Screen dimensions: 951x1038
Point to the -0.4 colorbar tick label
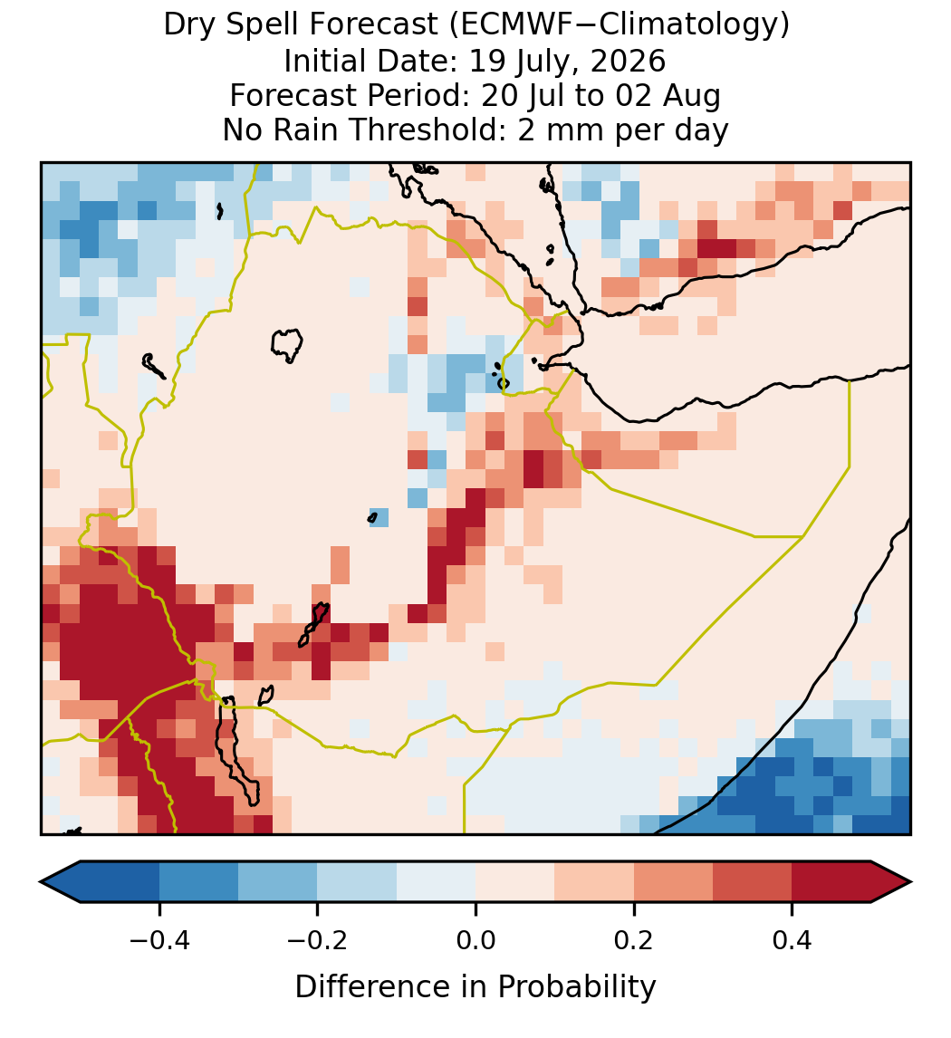point(159,940)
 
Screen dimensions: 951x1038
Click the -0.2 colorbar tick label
point(317,940)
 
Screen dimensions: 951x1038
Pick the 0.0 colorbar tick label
point(475,940)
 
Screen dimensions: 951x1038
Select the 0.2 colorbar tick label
point(633,940)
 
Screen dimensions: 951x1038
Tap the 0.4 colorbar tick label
point(792,940)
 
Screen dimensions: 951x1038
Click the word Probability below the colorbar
point(576,987)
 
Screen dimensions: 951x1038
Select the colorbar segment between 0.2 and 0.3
point(673,882)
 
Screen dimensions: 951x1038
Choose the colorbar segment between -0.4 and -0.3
point(198,882)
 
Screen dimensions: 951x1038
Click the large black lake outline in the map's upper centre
point(286,345)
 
